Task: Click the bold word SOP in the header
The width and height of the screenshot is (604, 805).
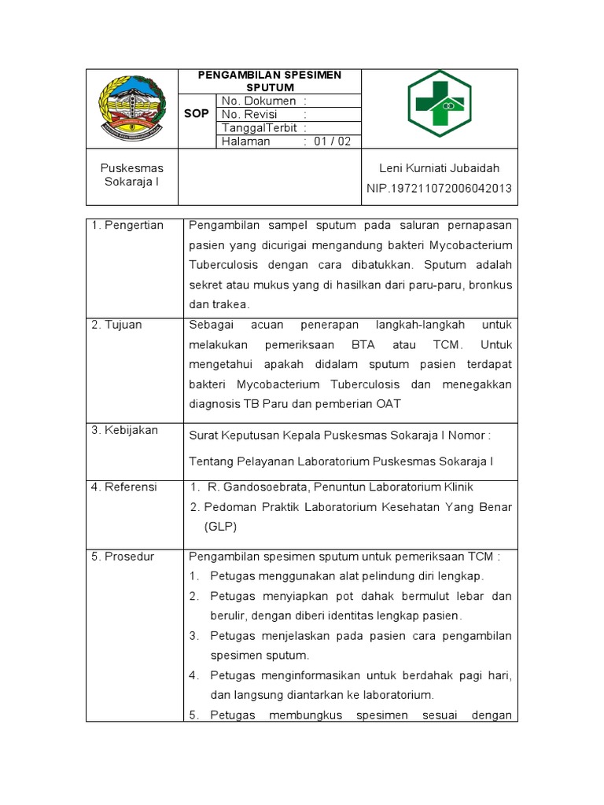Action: [197, 113]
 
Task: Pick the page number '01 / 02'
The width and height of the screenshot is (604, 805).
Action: [333, 142]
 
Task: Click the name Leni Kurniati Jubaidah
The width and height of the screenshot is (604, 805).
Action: [439, 168]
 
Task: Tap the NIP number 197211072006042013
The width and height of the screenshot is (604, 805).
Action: [439, 188]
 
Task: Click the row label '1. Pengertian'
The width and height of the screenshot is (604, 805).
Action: [127, 226]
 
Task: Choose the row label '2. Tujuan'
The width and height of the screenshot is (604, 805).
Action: [117, 325]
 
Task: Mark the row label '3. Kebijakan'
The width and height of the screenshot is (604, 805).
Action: [125, 430]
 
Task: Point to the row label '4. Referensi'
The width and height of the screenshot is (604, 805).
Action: [124, 487]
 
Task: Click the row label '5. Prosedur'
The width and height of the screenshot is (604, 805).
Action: [123, 557]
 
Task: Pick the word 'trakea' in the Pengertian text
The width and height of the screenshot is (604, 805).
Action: [229, 304]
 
